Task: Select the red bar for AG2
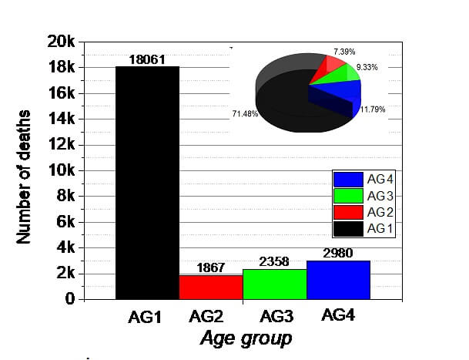pos(210,287)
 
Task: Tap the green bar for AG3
pos(274,284)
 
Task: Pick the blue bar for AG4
pos(338,280)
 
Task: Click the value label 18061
pos(147,59)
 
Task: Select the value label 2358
pos(274,262)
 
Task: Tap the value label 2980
pos(338,254)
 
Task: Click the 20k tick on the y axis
pos(60,42)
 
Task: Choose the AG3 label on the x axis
pos(275,317)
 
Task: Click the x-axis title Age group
pos(246,338)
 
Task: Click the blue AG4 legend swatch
pos(347,179)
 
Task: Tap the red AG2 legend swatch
pos(347,212)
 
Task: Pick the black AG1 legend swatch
pos(347,228)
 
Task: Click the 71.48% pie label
pos(244,114)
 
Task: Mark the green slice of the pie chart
pos(343,75)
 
